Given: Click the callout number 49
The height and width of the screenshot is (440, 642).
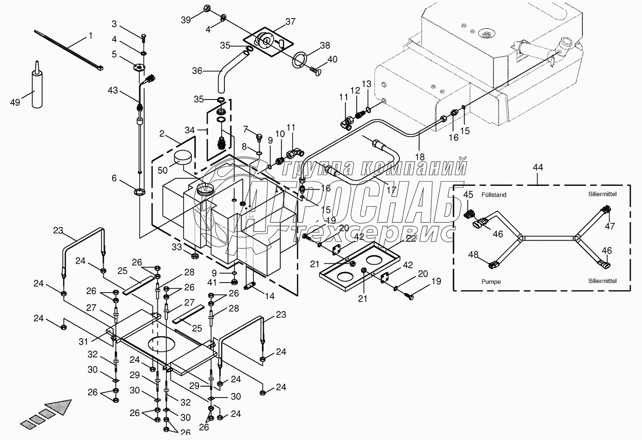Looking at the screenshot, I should [15, 102].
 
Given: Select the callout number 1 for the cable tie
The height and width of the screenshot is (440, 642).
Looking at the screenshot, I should [90, 35].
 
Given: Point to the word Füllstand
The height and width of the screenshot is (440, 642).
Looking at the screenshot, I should [494, 195].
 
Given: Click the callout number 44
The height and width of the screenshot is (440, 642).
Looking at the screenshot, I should [537, 167].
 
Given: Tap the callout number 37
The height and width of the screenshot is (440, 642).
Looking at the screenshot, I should [290, 22].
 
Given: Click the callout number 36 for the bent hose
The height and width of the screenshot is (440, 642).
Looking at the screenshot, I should [197, 71].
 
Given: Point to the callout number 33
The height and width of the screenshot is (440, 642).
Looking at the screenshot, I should [176, 247].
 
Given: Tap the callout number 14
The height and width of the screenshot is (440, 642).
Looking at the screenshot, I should [270, 297].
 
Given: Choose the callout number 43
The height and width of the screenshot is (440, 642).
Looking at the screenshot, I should [113, 90].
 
